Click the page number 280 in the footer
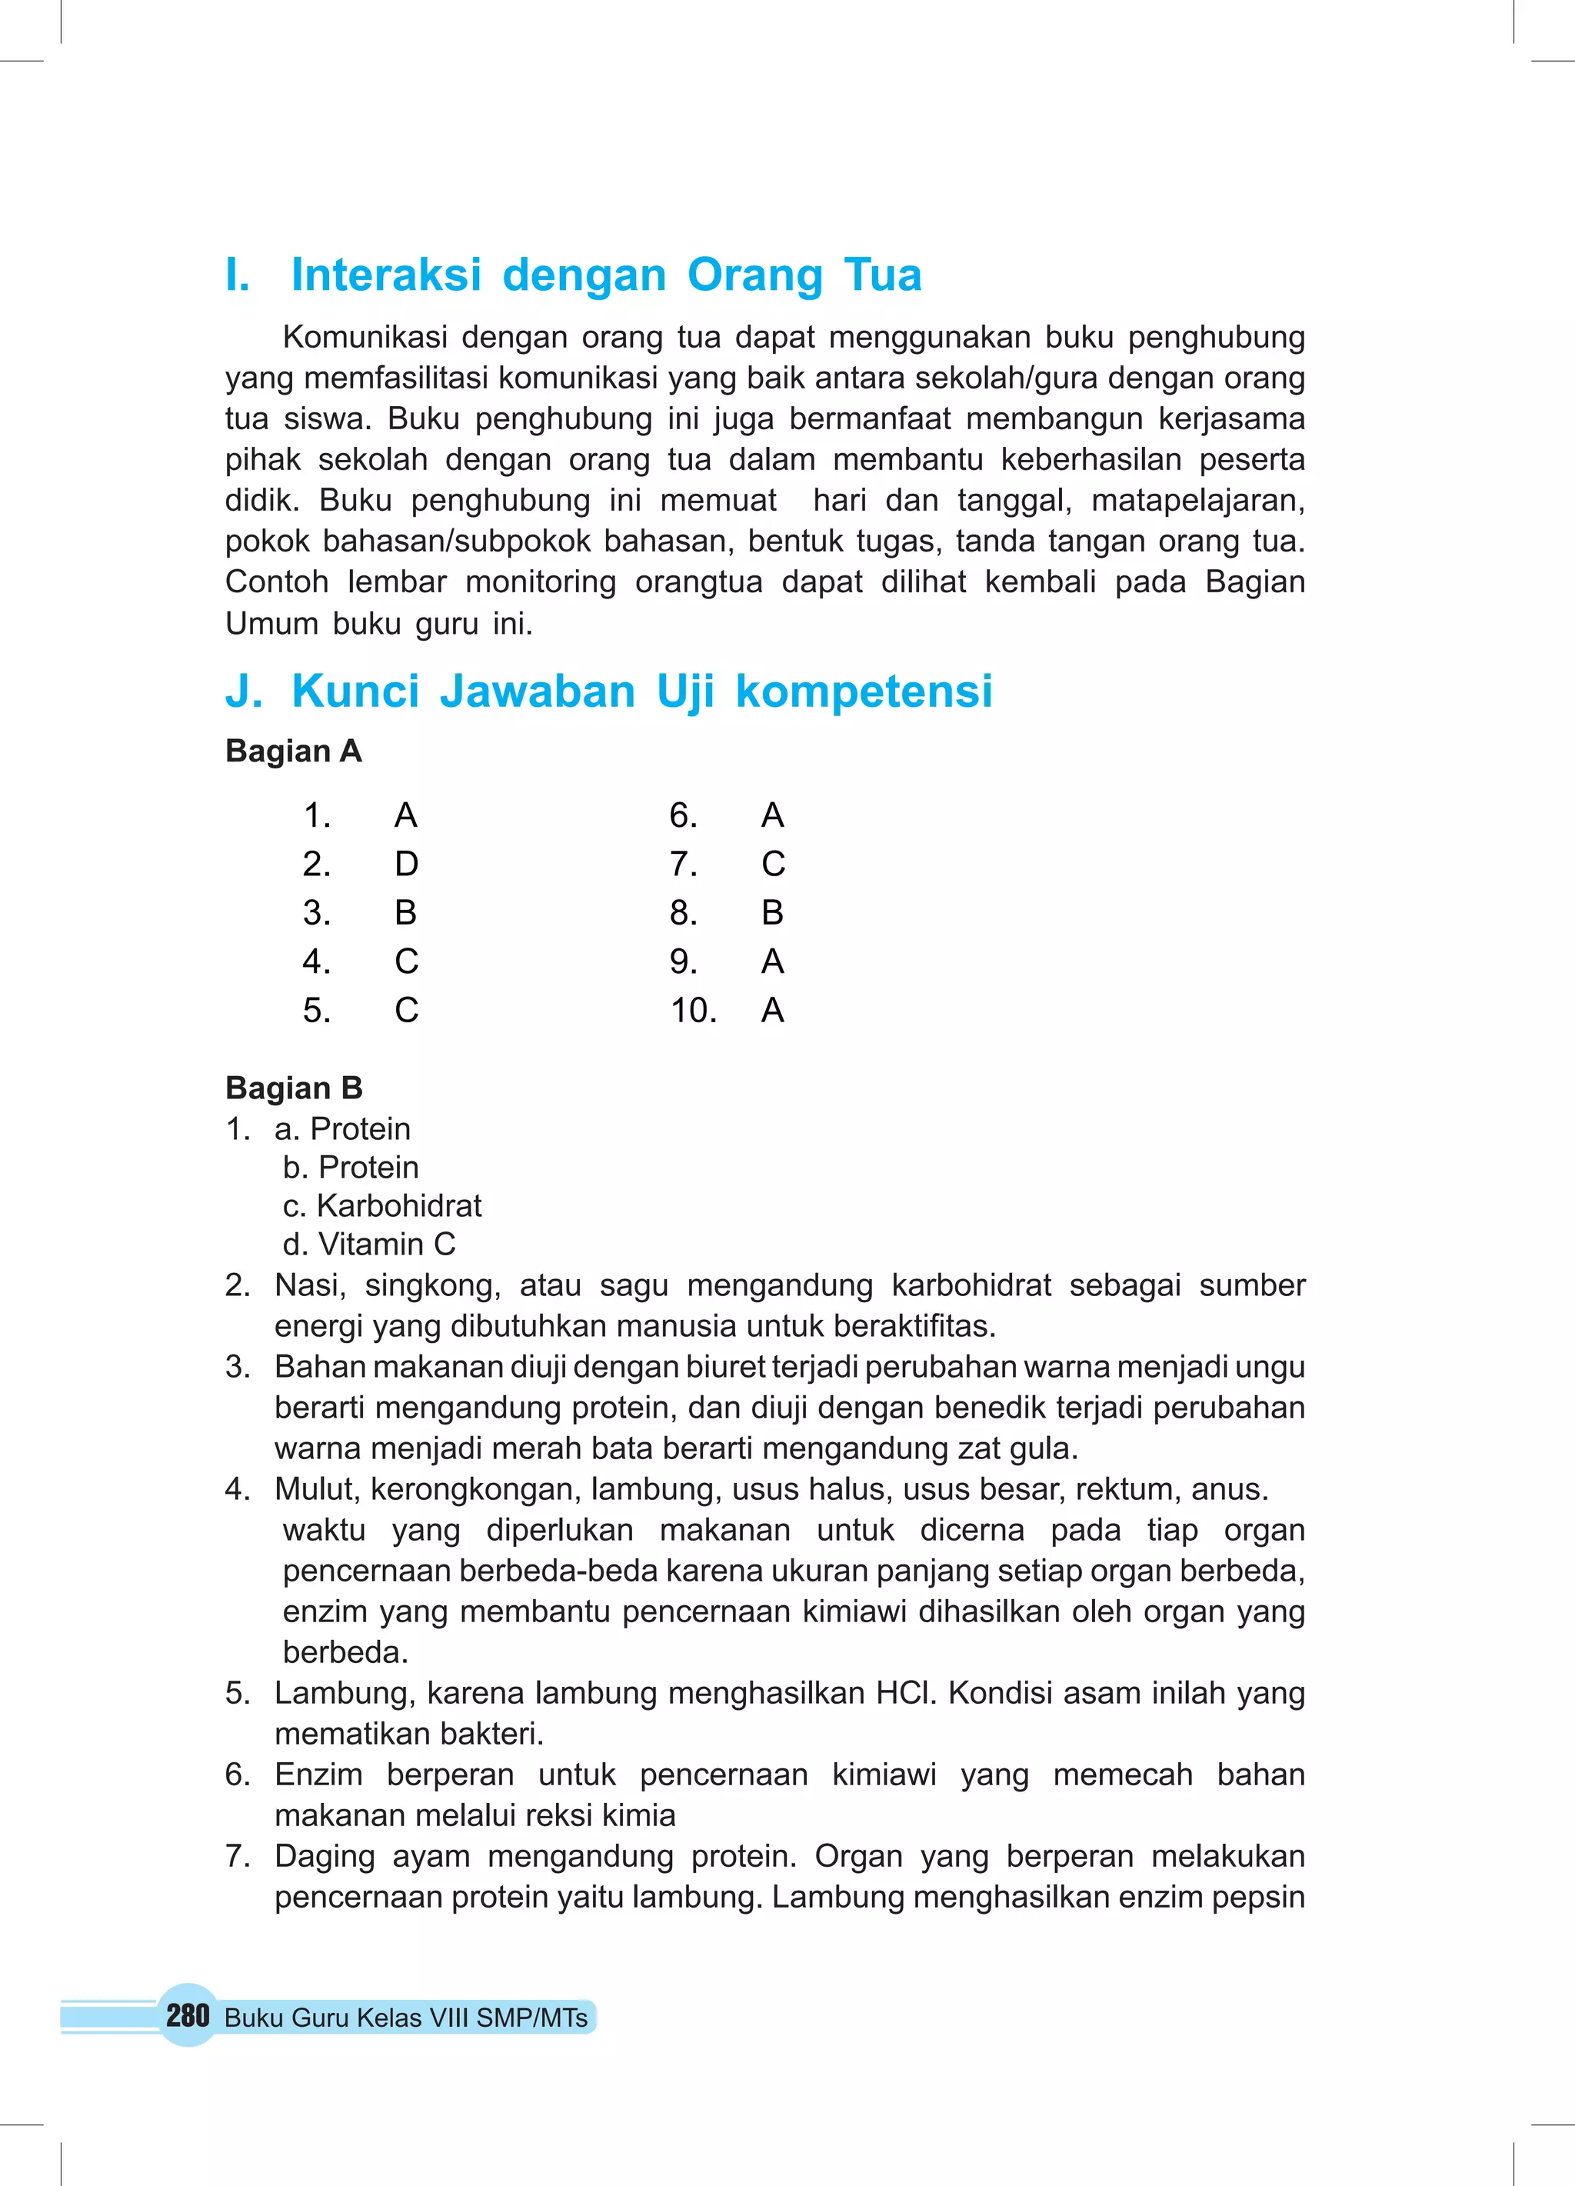187,2014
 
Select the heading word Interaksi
385,275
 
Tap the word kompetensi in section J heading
864,691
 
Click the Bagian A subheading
293,751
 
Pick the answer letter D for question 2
406,864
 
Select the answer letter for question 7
773,864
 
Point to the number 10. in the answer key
693,1010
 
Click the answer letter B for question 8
772,911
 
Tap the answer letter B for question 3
406,911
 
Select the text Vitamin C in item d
387,1245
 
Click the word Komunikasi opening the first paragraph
365,338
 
